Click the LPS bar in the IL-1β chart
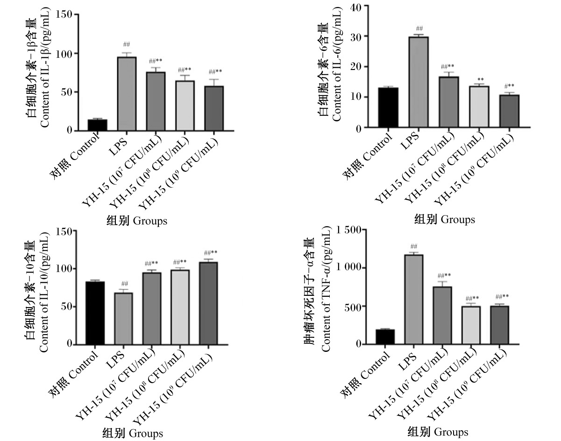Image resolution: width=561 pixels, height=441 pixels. pyautogui.click(x=127, y=94)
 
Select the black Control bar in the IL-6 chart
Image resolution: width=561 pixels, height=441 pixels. pyautogui.click(x=389, y=108)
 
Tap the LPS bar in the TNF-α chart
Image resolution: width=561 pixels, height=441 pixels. pyautogui.click(x=414, y=299)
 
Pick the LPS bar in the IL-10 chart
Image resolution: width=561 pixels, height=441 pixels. pyautogui.click(x=123, y=319)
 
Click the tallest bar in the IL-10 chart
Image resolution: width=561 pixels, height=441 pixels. pyautogui.click(x=208, y=303)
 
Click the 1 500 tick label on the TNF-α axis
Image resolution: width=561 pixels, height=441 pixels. pyautogui.click(x=347, y=231)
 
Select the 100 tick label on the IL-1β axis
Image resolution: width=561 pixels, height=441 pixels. pyautogui.click(x=64, y=54)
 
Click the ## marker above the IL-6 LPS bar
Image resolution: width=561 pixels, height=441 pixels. pyautogui.click(x=419, y=28)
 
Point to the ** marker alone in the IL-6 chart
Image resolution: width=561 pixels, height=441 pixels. pyautogui.click(x=479, y=79)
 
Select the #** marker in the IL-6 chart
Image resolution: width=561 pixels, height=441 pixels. pyautogui.click(x=509, y=86)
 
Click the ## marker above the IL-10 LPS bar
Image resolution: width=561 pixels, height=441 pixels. pyautogui.click(x=124, y=283)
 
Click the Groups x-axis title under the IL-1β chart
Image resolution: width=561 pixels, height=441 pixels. pyautogui.click(x=136, y=221)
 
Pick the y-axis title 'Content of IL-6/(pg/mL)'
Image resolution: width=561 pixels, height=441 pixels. pyautogui.click(x=337, y=64)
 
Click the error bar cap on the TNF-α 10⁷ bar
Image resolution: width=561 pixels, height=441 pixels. pyautogui.click(x=442, y=281)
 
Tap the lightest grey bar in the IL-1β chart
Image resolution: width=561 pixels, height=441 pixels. pyautogui.click(x=185, y=105)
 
